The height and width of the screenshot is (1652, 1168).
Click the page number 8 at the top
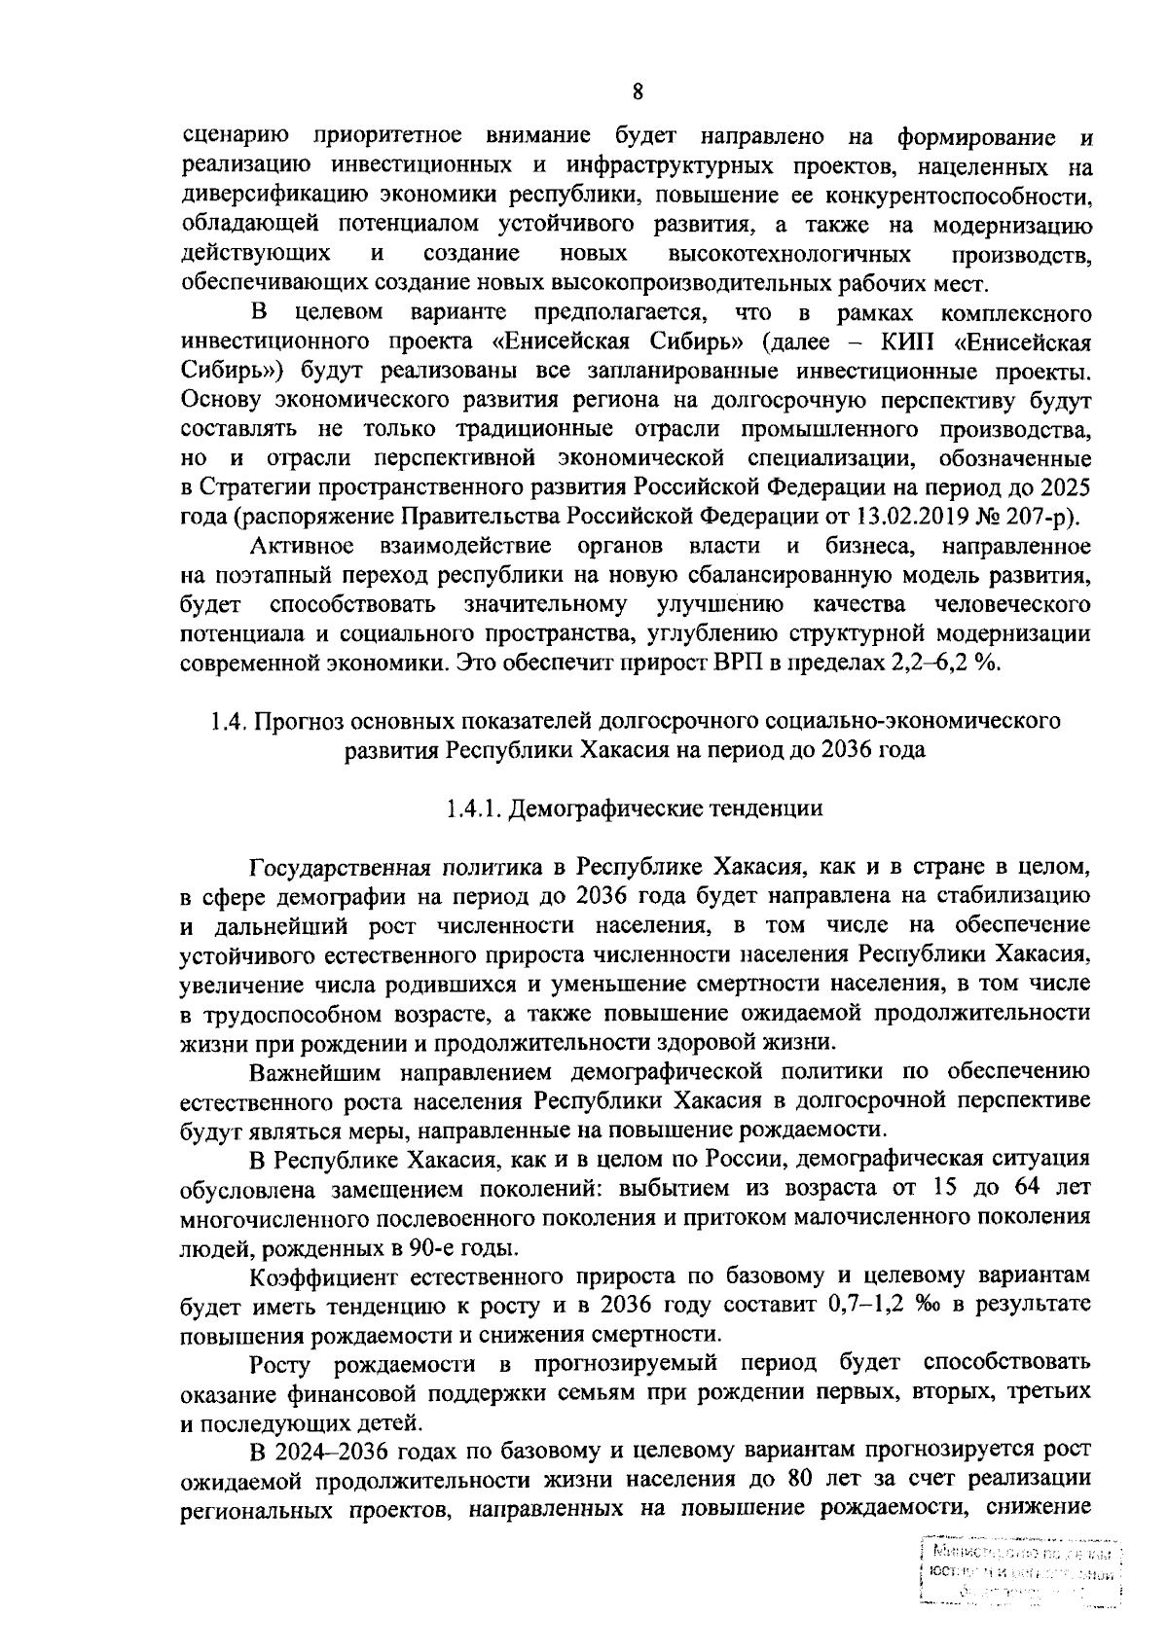tap(638, 92)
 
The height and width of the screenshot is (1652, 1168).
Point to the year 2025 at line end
tap(1064, 485)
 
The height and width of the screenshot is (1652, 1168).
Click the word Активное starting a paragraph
tap(302, 545)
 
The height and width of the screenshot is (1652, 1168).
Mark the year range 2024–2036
tap(329, 1450)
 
